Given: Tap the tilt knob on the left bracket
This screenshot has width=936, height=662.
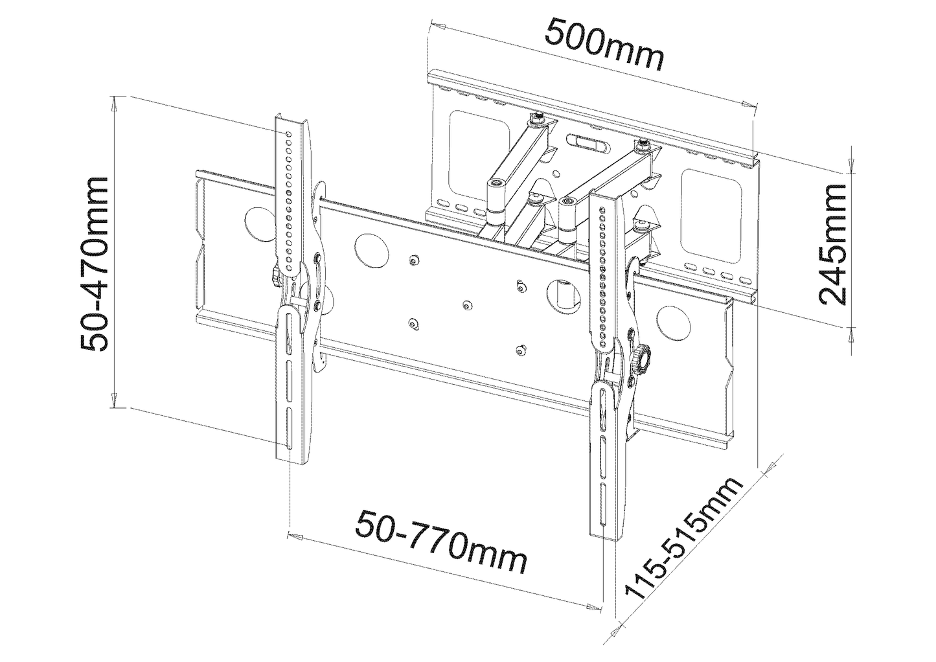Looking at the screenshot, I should [275, 277].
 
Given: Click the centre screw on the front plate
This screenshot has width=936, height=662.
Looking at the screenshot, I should [466, 304].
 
